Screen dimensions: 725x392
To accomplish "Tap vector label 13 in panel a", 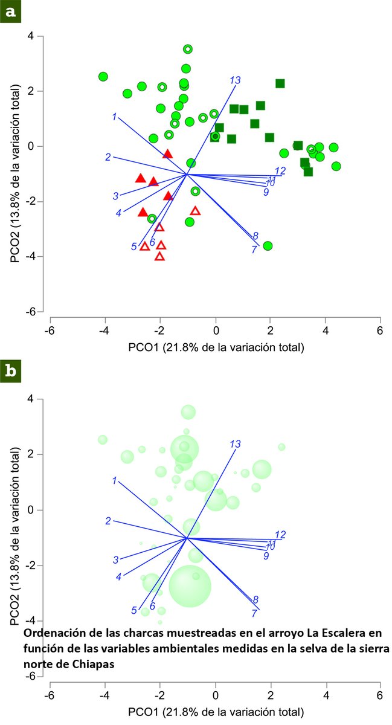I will [x=235, y=80].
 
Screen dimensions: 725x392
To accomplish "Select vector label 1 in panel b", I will [x=114, y=480].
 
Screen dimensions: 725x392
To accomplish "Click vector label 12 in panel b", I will [x=280, y=535].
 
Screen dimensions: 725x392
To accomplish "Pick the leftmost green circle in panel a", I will [x=103, y=77].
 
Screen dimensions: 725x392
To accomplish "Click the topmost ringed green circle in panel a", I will [x=188, y=49].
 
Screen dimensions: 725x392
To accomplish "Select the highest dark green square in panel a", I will [x=280, y=83].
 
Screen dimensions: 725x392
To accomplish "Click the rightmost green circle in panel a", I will [x=336, y=166].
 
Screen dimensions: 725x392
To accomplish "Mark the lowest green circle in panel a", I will [x=268, y=245].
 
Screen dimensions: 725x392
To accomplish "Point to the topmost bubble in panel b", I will [x=188, y=412].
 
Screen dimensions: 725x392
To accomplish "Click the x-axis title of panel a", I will [x=216, y=347].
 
